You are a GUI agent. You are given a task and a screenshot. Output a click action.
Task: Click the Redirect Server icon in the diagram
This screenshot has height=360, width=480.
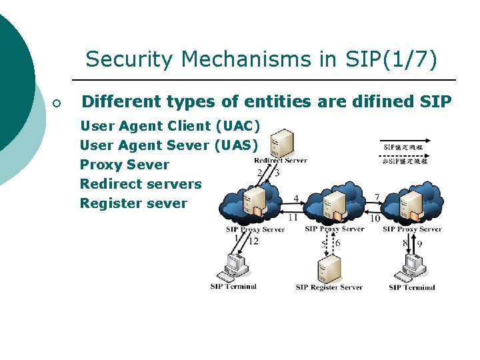tap(282, 142)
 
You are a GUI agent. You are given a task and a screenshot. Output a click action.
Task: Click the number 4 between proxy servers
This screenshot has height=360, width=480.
tap(296, 199)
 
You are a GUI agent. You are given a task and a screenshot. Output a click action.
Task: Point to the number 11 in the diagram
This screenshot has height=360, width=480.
tap(293, 217)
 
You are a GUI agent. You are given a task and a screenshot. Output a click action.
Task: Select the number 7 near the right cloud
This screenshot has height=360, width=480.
tap(377, 198)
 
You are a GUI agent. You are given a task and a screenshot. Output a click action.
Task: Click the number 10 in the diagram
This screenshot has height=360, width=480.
tap(375, 218)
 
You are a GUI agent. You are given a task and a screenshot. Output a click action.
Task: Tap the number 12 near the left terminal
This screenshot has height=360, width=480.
tap(253, 241)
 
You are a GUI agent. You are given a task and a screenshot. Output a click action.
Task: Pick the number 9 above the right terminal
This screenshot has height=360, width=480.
tap(419, 243)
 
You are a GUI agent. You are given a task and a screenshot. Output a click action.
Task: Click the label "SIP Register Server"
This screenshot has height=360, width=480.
tap(329, 287)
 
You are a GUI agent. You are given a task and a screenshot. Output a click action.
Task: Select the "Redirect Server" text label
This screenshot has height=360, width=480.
tap(280, 160)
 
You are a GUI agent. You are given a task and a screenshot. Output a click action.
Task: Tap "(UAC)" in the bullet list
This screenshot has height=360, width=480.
tap(237, 125)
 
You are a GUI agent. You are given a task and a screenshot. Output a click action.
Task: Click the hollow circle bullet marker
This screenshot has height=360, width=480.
tap(57, 103)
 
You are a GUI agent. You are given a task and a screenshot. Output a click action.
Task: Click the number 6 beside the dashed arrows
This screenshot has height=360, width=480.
tap(338, 243)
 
